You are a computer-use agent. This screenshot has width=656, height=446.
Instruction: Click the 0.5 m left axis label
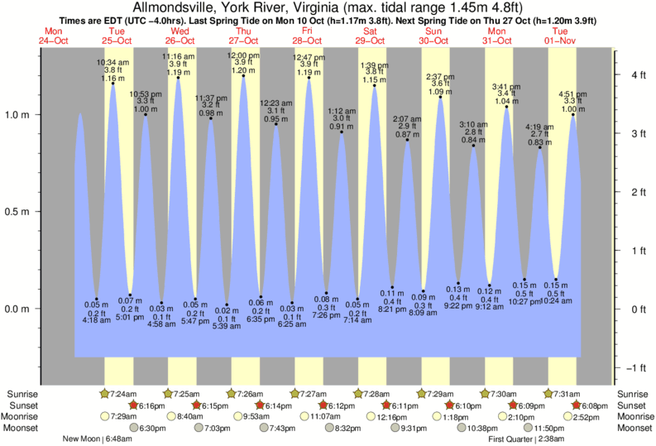pyautogui.click(x=17, y=212)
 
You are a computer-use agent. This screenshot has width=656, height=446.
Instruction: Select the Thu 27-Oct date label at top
pyautogui.click(x=243, y=36)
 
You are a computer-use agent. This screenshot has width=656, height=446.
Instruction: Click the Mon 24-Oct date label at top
pyautogui.click(x=53, y=36)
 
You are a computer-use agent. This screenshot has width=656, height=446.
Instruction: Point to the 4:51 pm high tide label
pyautogui.click(x=573, y=94)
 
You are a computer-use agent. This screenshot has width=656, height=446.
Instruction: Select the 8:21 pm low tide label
pyautogui.click(x=392, y=309)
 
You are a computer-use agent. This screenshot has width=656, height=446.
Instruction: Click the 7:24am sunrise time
pyautogui.click(x=122, y=393)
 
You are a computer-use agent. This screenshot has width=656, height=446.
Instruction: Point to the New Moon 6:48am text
pyautogui.click(x=97, y=439)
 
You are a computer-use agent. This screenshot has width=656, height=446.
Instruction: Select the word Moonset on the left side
pyautogui.click(x=23, y=429)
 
